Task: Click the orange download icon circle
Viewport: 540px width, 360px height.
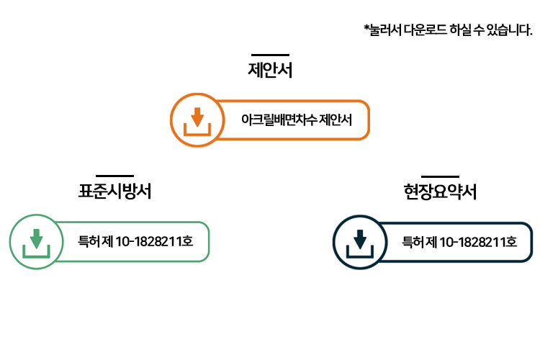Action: [x=197, y=120]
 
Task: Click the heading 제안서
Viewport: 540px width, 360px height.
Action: [x=270, y=71]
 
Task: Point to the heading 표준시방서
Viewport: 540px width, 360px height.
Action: [x=114, y=192]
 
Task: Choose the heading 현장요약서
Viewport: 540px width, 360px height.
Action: [x=440, y=192]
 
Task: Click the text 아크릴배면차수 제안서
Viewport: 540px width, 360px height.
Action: [x=297, y=120]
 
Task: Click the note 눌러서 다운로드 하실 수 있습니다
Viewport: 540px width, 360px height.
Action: [x=450, y=30]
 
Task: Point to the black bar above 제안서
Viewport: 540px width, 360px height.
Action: [x=270, y=54]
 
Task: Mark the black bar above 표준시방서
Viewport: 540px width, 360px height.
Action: [x=114, y=175]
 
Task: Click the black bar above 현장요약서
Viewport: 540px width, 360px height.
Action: [x=440, y=176]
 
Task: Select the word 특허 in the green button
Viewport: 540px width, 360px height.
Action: [x=89, y=241]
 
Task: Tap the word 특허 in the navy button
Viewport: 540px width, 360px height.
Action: [x=413, y=242]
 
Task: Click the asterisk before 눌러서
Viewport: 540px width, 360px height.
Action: [x=366, y=28]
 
